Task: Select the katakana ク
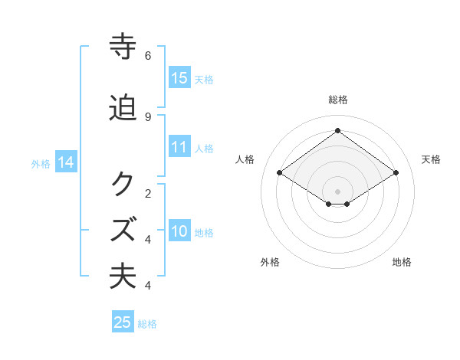(x=123, y=185)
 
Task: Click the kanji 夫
(x=123, y=276)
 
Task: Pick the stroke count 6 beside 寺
(x=148, y=56)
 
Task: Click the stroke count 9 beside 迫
(x=148, y=116)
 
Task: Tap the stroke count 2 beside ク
(x=148, y=193)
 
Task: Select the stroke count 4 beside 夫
(x=148, y=286)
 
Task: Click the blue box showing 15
(x=179, y=78)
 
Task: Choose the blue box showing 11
(x=179, y=147)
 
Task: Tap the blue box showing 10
(x=179, y=231)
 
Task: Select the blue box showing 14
(x=66, y=162)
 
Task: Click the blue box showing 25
(x=123, y=322)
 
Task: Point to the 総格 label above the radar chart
(x=338, y=100)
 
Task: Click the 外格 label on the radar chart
(x=270, y=263)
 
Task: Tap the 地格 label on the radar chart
(x=402, y=263)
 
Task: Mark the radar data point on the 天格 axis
(x=396, y=173)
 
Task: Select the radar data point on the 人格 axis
(x=280, y=173)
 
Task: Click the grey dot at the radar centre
(x=338, y=191)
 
